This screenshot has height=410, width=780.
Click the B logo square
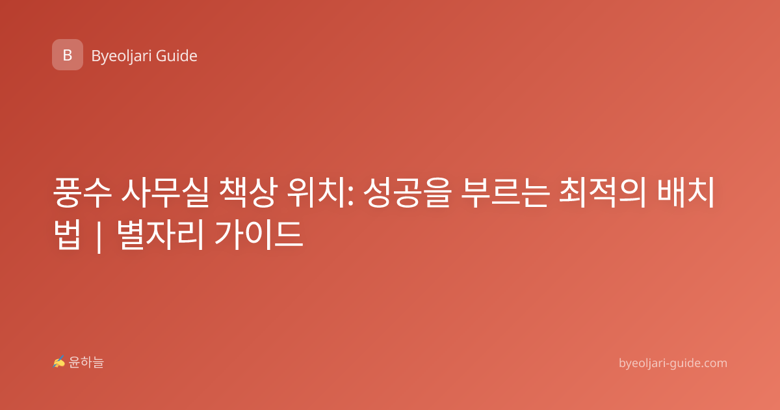(68, 55)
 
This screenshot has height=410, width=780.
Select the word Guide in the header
(177, 56)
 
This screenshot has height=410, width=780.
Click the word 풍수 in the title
(83, 193)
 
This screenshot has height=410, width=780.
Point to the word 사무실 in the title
(165, 193)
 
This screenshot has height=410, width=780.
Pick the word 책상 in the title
(248, 193)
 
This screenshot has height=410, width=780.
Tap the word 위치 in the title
(317, 193)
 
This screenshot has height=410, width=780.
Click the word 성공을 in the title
(408, 193)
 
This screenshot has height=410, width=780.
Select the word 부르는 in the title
(505, 193)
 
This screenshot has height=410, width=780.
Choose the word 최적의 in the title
(603, 193)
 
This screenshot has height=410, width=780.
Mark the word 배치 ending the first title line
(686, 193)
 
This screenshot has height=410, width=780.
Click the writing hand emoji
(59, 362)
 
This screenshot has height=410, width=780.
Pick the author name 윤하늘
(86, 362)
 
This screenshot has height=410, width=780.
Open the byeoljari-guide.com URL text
(673, 363)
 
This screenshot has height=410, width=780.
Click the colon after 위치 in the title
(351, 197)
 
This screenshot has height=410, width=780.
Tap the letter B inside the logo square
(68, 55)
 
